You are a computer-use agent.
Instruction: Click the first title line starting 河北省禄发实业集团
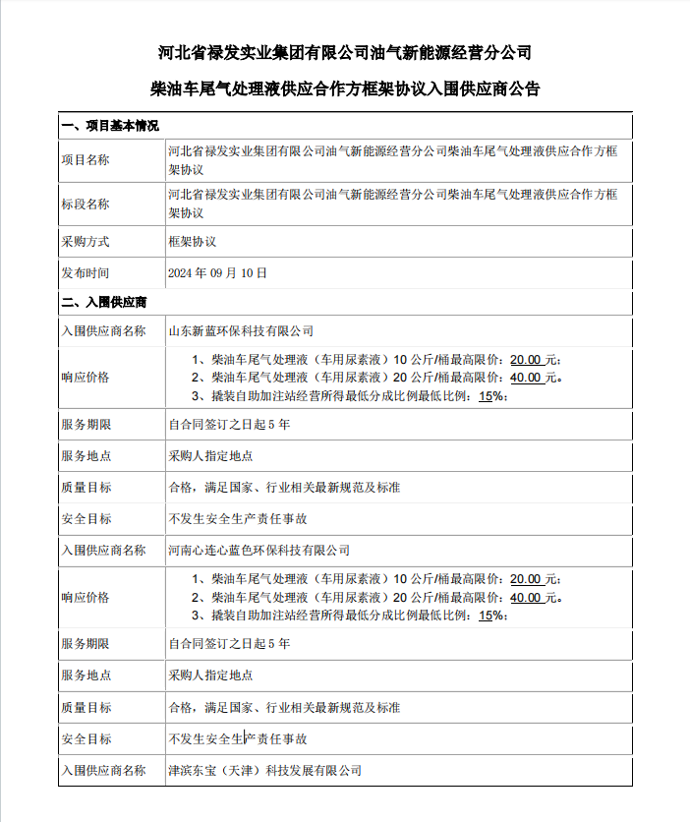click(344, 51)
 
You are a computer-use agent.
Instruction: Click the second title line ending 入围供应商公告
click(344, 88)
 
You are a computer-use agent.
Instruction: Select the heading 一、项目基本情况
click(109, 127)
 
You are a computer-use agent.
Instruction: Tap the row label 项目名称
click(86, 160)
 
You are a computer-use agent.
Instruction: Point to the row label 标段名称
click(86, 205)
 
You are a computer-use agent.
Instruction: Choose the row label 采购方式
click(86, 241)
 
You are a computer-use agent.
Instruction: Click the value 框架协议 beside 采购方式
click(193, 241)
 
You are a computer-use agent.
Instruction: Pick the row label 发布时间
click(86, 272)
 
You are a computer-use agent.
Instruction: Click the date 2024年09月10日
click(218, 272)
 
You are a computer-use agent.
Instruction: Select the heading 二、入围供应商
click(103, 302)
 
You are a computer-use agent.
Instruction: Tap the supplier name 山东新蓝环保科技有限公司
click(241, 331)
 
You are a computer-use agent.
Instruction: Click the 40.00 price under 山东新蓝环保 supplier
click(526, 377)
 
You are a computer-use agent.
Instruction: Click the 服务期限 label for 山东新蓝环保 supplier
click(86, 425)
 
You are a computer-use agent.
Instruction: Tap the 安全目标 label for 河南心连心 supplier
click(86, 738)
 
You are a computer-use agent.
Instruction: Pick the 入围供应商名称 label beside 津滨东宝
click(103, 770)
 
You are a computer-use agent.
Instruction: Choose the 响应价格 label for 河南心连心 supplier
click(86, 597)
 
